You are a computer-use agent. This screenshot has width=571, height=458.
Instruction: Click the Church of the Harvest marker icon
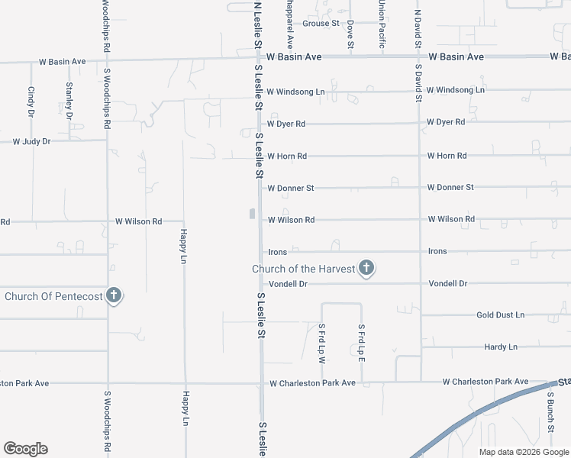pyautogui.click(x=366, y=268)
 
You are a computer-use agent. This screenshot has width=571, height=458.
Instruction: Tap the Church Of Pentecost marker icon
pyautogui.click(x=114, y=295)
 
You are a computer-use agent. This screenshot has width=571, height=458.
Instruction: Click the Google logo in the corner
pyautogui.click(x=25, y=449)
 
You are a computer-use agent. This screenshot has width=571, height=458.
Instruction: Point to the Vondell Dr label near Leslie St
pyautogui.click(x=287, y=283)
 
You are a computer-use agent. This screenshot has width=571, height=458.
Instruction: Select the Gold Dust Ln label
pyautogui.click(x=500, y=314)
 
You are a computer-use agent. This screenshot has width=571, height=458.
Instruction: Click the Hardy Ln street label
pyautogui.click(x=501, y=347)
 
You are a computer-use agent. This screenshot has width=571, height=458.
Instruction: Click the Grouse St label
pyautogui.click(x=321, y=24)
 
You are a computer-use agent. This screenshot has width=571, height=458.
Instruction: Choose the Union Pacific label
pyautogui.click(x=381, y=23)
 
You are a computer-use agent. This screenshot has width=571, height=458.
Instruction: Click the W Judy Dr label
pyautogui.click(x=32, y=141)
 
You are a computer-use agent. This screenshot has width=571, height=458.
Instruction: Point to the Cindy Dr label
pyautogui.click(x=31, y=102)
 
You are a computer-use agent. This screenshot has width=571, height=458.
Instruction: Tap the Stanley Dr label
pyautogui.click(x=69, y=100)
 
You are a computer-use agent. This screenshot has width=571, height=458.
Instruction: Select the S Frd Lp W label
pyautogui.click(x=322, y=343)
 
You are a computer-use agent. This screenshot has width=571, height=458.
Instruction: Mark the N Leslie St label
pyautogui.click(x=257, y=25)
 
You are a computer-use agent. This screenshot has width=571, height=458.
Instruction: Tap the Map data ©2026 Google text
pyautogui.click(x=523, y=452)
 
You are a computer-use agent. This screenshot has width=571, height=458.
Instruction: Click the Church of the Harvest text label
pyautogui.click(x=304, y=269)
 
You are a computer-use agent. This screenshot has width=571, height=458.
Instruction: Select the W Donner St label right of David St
pyautogui.click(x=450, y=187)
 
